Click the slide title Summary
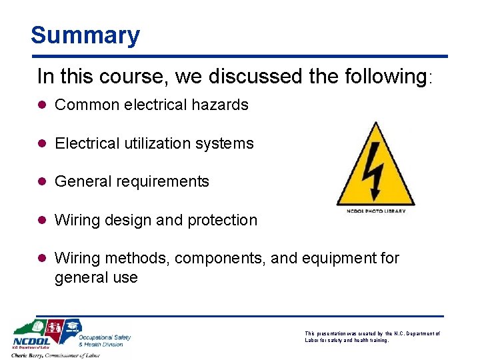tap(85, 35)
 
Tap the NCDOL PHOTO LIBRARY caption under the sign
tap(376, 211)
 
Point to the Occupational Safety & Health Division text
tap(105, 340)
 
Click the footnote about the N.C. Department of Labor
tap(372, 336)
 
